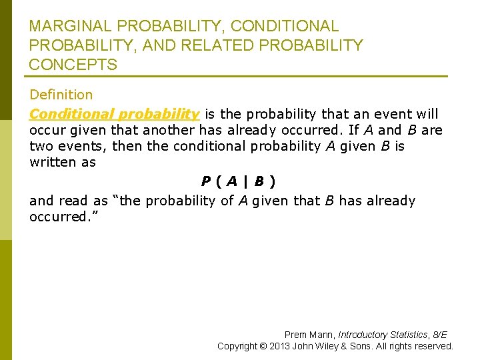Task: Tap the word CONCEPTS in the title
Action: click(x=73, y=65)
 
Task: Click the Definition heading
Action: click(x=61, y=95)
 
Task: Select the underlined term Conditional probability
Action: click(x=114, y=113)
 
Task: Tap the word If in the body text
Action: click(x=354, y=130)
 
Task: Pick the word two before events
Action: click(x=42, y=146)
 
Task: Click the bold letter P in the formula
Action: click(x=207, y=181)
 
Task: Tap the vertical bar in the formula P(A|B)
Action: click(x=245, y=181)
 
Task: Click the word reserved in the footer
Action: click(x=433, y=346)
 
